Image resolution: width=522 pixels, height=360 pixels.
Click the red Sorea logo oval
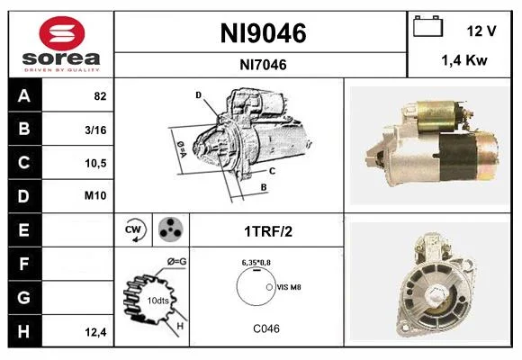[62, 33]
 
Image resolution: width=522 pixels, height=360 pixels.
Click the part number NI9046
[263, 33]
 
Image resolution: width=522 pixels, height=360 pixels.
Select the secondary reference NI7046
[263, 65]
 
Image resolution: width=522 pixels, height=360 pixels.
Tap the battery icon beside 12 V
[427, 26]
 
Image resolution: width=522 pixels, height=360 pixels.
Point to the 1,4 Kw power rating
[464, 60]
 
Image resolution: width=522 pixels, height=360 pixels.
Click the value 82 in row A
[100, 96]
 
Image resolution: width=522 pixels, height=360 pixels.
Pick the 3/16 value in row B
[95, 130]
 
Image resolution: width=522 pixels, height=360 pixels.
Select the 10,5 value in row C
[95, 163]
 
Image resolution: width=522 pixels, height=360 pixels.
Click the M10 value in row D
[95, 195]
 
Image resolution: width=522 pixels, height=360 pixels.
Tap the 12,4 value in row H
[95, 332]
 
